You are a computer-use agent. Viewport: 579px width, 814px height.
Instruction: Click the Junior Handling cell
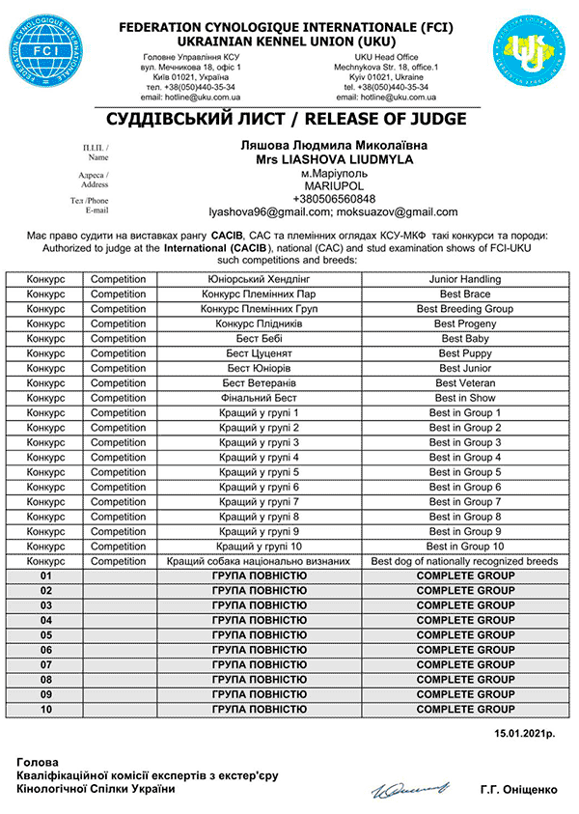click(464, 279)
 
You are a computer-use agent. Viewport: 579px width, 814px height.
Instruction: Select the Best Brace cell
click(464, 294)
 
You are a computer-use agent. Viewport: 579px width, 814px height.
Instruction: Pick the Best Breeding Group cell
click(464, 309)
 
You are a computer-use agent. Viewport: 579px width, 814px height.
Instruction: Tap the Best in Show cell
click(464, 398)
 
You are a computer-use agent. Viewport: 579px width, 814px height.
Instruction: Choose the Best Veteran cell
click(464, 383)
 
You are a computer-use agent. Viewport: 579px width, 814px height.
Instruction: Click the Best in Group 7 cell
click(464, 502)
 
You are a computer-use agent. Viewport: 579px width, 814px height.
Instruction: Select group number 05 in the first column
click(44, 635)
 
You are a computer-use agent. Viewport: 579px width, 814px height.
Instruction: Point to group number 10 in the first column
click(44, 710)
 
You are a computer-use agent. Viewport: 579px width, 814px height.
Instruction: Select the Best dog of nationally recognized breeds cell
click(464, 561)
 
